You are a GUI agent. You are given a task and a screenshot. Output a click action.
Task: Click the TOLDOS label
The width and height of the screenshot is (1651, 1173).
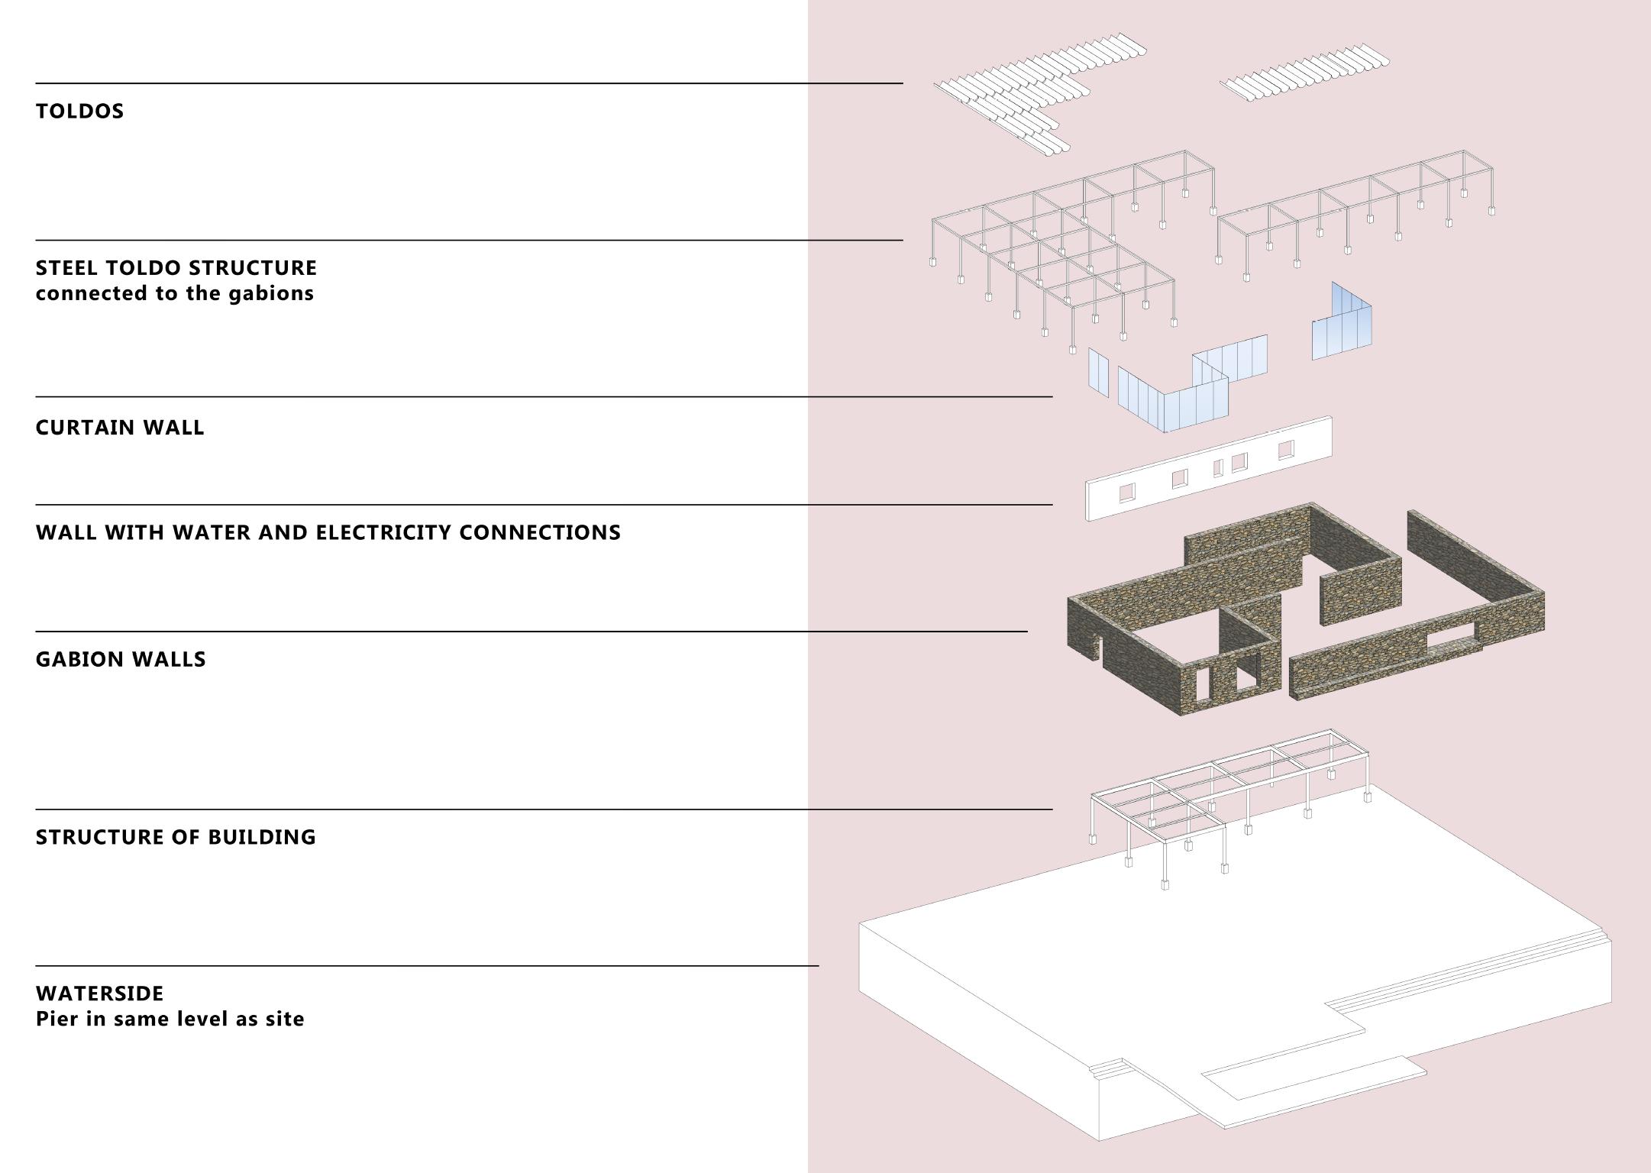pyautogui.click(x=79, y=111)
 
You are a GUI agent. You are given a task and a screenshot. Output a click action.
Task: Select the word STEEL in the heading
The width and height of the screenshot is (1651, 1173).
pyautogui.click(x=66, y=268)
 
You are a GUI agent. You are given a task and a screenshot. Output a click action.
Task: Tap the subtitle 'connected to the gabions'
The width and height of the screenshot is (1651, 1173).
pyautogui.click(x=174, y=293)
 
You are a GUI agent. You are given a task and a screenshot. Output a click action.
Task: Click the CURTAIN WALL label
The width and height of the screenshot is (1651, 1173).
pyautogui.click(x=120, y=428)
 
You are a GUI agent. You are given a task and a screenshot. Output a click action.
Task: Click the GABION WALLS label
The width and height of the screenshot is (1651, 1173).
pyautogui.click(x=121, y=660)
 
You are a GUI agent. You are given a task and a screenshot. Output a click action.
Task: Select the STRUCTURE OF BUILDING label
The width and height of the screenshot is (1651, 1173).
pyautogui.click(x=176, y=837)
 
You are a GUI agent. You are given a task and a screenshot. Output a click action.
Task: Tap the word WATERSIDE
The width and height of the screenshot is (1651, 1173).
pyautogui.click(x=99, y=994)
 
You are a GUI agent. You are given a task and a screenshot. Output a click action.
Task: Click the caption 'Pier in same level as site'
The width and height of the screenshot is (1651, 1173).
pyautogui.click(x=170, y=1019)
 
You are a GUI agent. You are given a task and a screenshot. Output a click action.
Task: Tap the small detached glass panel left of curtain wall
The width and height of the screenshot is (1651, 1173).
pyautogui.click(x=1098, y=372)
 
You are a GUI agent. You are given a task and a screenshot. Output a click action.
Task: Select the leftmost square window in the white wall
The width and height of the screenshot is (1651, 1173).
pyautogui.click(x=1127, y=493)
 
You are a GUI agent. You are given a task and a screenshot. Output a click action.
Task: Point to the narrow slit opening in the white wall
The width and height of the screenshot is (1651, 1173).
pyautogui.click(x=1218, y=468)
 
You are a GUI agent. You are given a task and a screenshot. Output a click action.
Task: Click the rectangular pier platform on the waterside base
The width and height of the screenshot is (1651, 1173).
pyautogui.click(x=1313, y=1078)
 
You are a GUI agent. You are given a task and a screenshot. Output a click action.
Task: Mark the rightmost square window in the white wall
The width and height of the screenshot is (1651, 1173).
pyautogui.click(x=1287, y=449)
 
